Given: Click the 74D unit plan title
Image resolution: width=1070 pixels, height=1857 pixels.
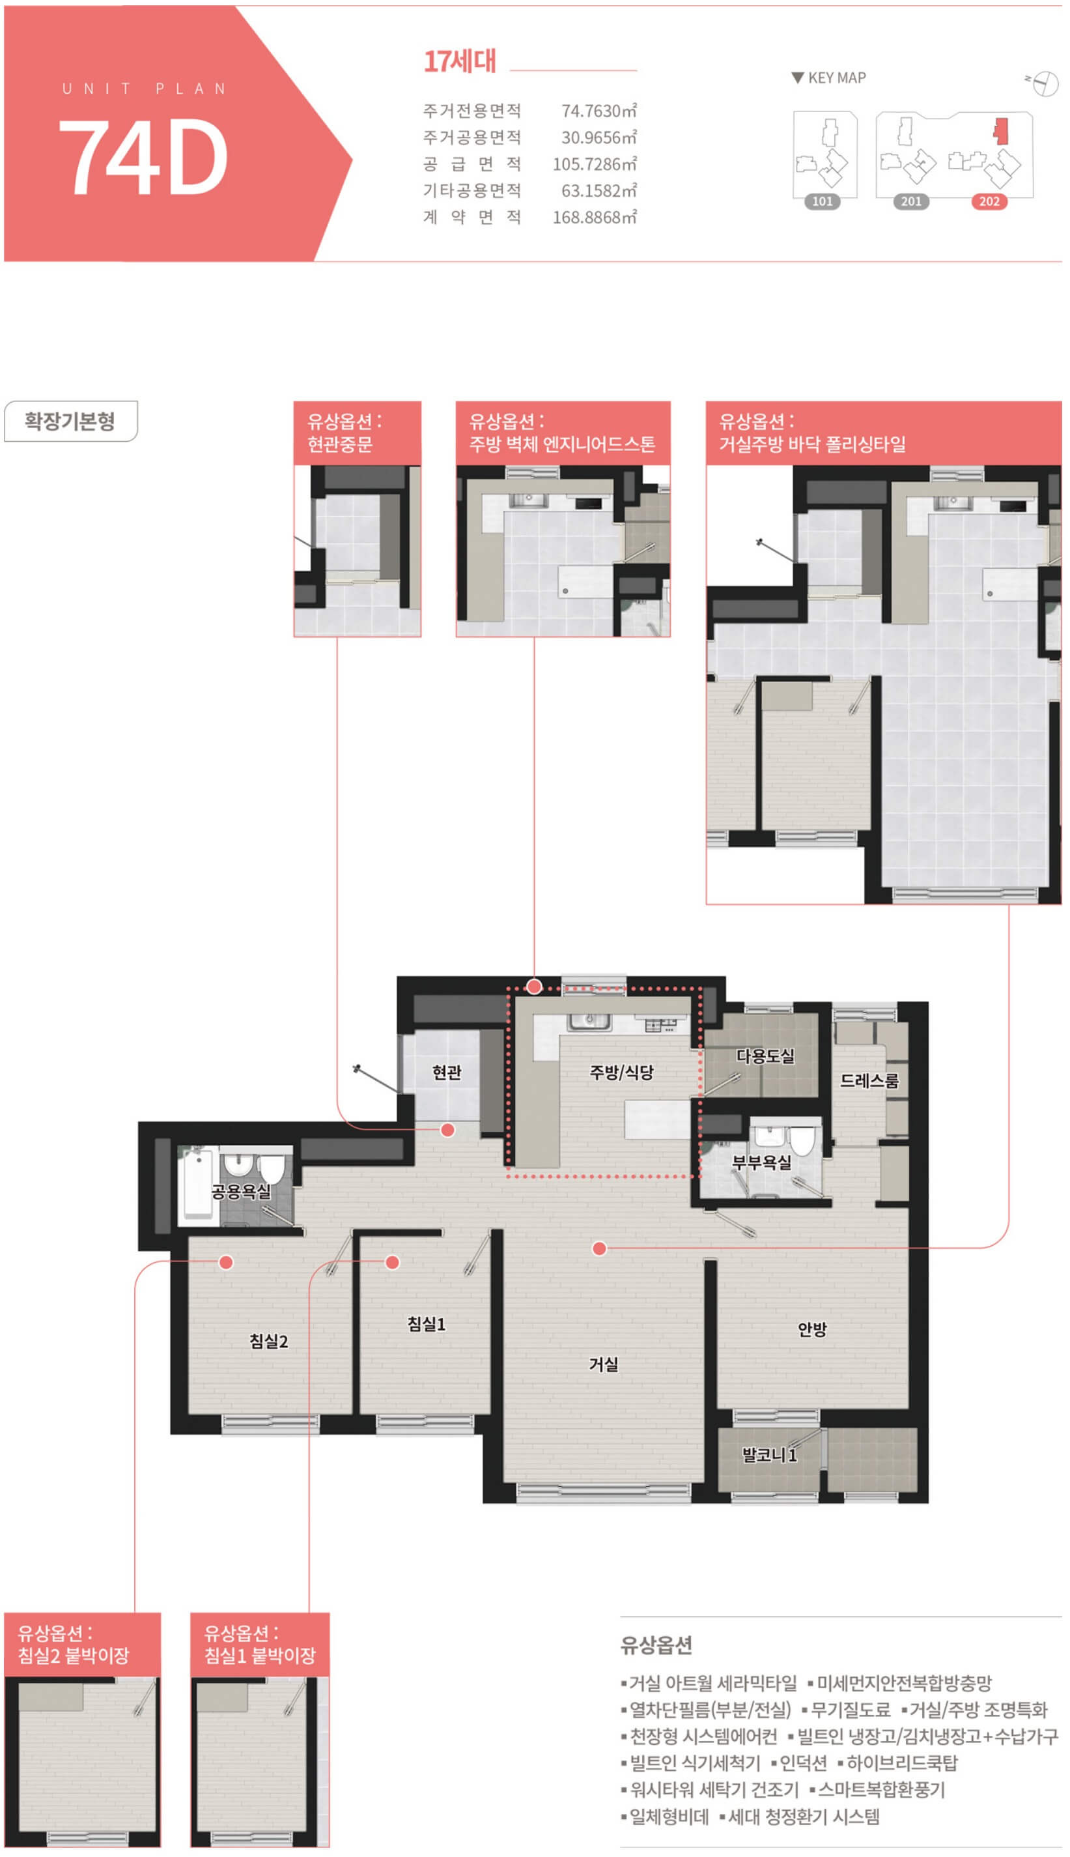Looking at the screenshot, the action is click(x=143, y=156).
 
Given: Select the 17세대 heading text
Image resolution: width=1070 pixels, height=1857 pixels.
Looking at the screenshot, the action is click(x=460, y=61).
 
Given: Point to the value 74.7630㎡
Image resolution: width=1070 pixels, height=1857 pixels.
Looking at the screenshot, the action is click(x=599, y=111).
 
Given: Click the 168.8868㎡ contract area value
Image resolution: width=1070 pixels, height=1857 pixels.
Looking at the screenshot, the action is click(x=595, y=218).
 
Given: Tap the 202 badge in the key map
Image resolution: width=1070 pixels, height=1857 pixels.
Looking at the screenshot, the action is click(x=989, y=201).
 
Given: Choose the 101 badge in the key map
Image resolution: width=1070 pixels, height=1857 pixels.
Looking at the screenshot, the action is click(x=823, y=201).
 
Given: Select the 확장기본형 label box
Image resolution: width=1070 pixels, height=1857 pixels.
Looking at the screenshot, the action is click(x=70, y=421).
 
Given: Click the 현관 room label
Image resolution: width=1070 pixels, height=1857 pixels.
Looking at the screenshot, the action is click(x=447, y=1072).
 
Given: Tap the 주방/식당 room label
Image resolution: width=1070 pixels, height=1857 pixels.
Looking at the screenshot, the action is click(x=622, y=1072).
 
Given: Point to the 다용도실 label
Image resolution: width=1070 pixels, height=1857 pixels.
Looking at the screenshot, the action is click(x=765, y=1056).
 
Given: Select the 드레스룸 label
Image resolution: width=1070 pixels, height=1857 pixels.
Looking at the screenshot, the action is click(x=869, y=1081).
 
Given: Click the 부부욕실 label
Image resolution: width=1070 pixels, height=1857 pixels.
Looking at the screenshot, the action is click(x=762, y=1162).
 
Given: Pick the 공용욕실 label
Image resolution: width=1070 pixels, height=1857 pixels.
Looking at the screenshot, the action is click(x=241, y=1192).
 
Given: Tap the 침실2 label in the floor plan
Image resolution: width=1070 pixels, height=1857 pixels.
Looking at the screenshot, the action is click(x=269, y=1342).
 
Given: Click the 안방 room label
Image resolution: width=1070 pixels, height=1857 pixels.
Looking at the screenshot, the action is click(x=813, y=1329).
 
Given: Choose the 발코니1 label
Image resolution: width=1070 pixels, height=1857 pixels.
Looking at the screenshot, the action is click(x=769, y=1455).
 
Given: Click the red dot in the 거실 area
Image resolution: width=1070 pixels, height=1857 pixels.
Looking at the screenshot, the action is click(x=600, y=1248).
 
